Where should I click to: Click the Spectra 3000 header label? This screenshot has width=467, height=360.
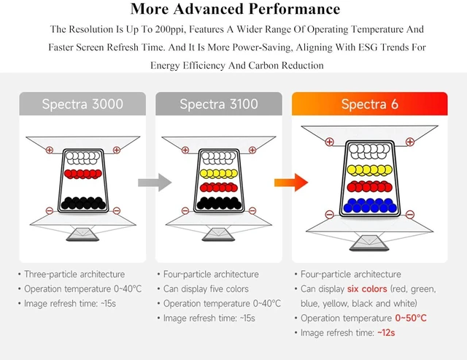(82, 104)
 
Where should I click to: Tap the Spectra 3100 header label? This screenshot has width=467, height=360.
(219, 104)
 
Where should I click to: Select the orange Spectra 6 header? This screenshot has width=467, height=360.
(370, 104)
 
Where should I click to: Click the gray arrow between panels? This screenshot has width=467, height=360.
(155, 183)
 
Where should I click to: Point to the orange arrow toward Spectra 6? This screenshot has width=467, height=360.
(291, 183)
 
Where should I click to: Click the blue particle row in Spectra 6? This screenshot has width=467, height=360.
(370, 205)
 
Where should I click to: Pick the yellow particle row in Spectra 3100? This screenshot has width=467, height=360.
(219, 174)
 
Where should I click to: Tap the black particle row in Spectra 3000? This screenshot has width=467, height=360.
(83, 203)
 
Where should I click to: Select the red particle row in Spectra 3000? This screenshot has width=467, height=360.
(82, 174)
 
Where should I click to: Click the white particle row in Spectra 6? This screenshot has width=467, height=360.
(369, 151)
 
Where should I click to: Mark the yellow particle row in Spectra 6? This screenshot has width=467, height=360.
(370, 170)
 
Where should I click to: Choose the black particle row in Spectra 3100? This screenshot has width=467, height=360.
(219, 203)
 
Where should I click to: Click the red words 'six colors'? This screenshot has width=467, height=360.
(367, 288)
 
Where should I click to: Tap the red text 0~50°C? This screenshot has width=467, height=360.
(411, 318)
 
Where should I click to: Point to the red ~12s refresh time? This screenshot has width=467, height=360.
(386, 332)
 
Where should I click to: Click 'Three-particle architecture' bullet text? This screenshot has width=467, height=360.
(74, 274)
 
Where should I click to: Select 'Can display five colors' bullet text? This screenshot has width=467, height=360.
(206, 288)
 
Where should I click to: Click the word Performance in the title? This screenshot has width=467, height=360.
(294, 9)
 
